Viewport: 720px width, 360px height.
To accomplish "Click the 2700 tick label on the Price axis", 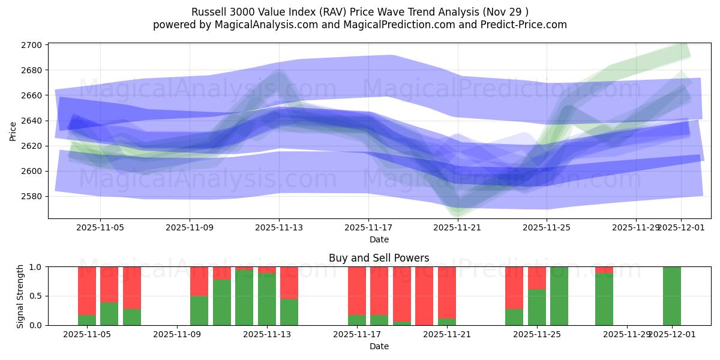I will (x=32, y=45).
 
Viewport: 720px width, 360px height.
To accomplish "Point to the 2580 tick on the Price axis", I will (x=32, y=196).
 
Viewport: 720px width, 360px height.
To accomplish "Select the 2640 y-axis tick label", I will (x=32, y=121).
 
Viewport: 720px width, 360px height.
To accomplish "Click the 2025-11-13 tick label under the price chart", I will (x=279, y=228).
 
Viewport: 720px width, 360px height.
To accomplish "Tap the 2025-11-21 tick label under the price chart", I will (x=458, y=228).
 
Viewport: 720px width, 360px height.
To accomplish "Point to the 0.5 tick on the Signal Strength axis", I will (x=36, y=296).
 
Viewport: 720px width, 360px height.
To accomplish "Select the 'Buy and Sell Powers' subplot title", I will (x=379, y=258).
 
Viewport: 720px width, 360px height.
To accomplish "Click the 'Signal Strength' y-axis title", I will (x=20, y=296).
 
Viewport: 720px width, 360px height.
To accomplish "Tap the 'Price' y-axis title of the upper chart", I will (x=13, y=131).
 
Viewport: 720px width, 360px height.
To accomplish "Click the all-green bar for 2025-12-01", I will (x=671, y=296).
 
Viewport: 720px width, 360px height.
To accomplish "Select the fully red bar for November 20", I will (x=424, y=296).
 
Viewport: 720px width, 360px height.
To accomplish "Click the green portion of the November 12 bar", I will (x=244, y=298).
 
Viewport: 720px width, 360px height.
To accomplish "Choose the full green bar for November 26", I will (x=559, y=296).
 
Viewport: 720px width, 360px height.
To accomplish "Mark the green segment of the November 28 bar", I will (x=604, y=300).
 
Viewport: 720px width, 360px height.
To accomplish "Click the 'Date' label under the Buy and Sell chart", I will (x=379, y=346).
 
